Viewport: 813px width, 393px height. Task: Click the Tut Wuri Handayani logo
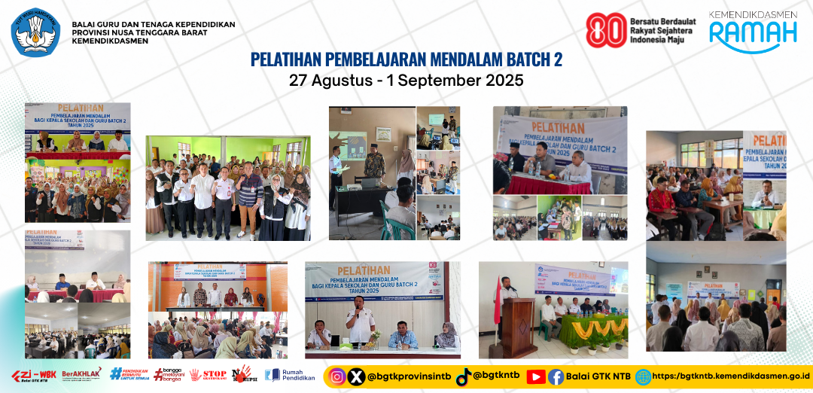(35, 32)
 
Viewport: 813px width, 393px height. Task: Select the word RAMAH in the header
(753, 34)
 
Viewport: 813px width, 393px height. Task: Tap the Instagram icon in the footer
(339, 376)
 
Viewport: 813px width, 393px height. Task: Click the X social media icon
(356, 376)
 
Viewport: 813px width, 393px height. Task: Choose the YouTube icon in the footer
(536, 376)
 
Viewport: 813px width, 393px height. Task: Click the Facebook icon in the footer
(556, 376)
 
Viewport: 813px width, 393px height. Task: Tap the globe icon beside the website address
(643, 376)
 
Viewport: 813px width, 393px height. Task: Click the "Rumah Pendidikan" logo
(289, 375)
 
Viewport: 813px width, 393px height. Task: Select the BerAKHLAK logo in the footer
(80, 375)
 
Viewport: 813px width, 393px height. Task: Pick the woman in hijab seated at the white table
(446, 335)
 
